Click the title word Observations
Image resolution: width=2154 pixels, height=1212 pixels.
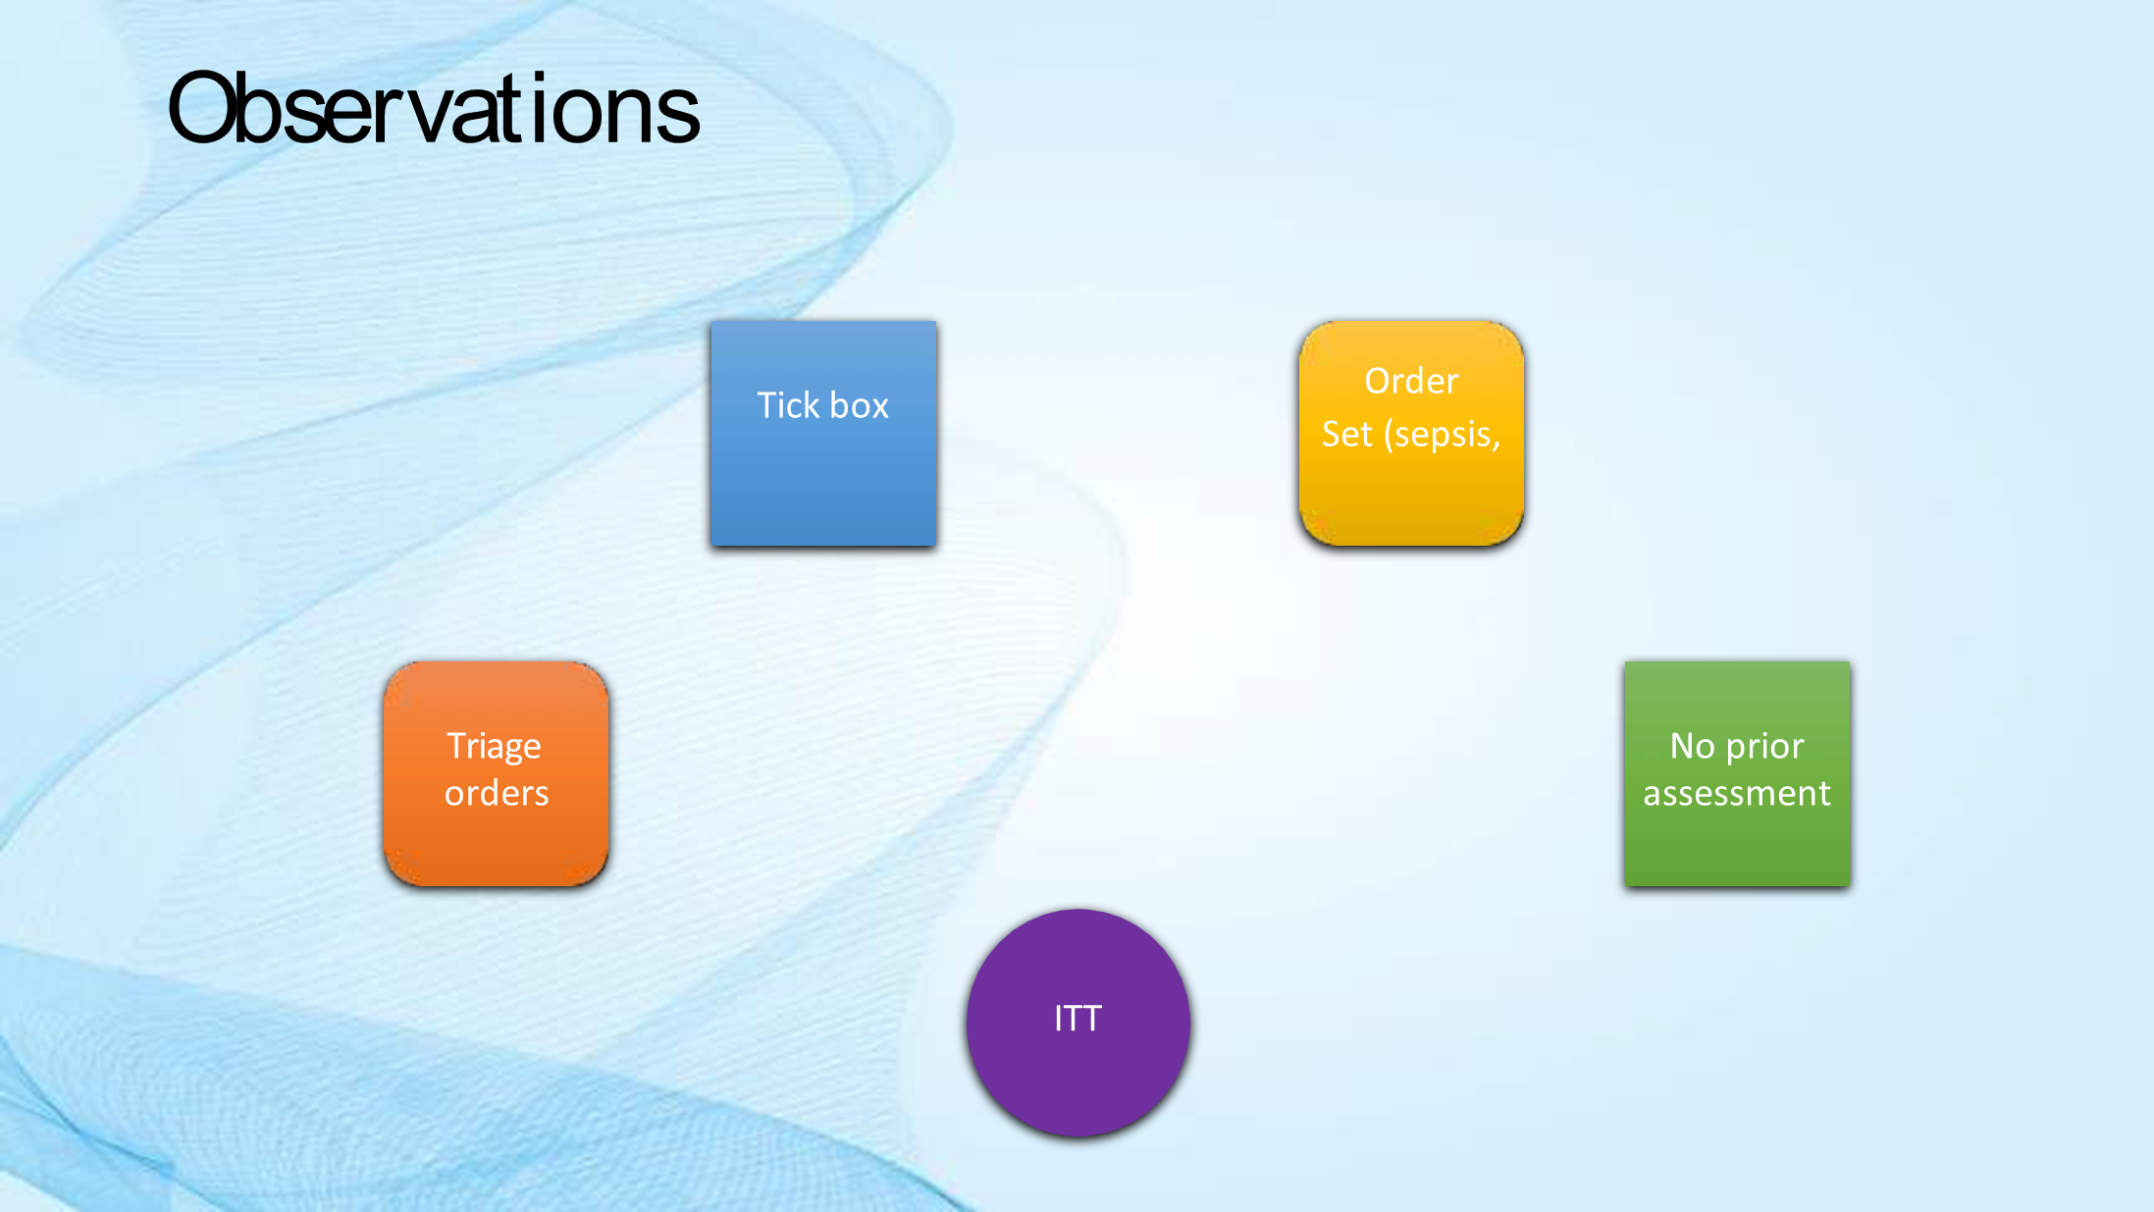pos(434,108)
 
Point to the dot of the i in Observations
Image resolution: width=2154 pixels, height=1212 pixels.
pos(539,77)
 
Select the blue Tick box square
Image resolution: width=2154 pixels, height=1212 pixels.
pos(823,433)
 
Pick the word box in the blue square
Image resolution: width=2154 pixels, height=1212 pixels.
pos(860,405)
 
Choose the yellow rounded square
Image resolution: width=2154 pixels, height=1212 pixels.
pos(1411,433)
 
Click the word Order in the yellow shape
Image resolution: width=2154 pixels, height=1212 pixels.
pos(1411,381)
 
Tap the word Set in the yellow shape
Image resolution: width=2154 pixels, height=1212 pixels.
pos(1346,434)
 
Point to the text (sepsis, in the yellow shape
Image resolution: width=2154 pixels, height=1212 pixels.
pos(1442,436)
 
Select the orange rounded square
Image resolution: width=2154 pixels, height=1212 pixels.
pos(497,773)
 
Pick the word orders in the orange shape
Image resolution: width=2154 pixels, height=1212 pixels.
pos(497,793)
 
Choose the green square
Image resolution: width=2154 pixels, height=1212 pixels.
pos(1737,773)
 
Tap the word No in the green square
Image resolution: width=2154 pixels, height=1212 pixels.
pos(1693,747)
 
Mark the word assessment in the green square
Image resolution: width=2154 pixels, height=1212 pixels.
pos(1737,793)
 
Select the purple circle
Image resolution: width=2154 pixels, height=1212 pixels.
pos(1078,1023)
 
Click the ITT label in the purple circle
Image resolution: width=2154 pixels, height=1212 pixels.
pos(1078,1019)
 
